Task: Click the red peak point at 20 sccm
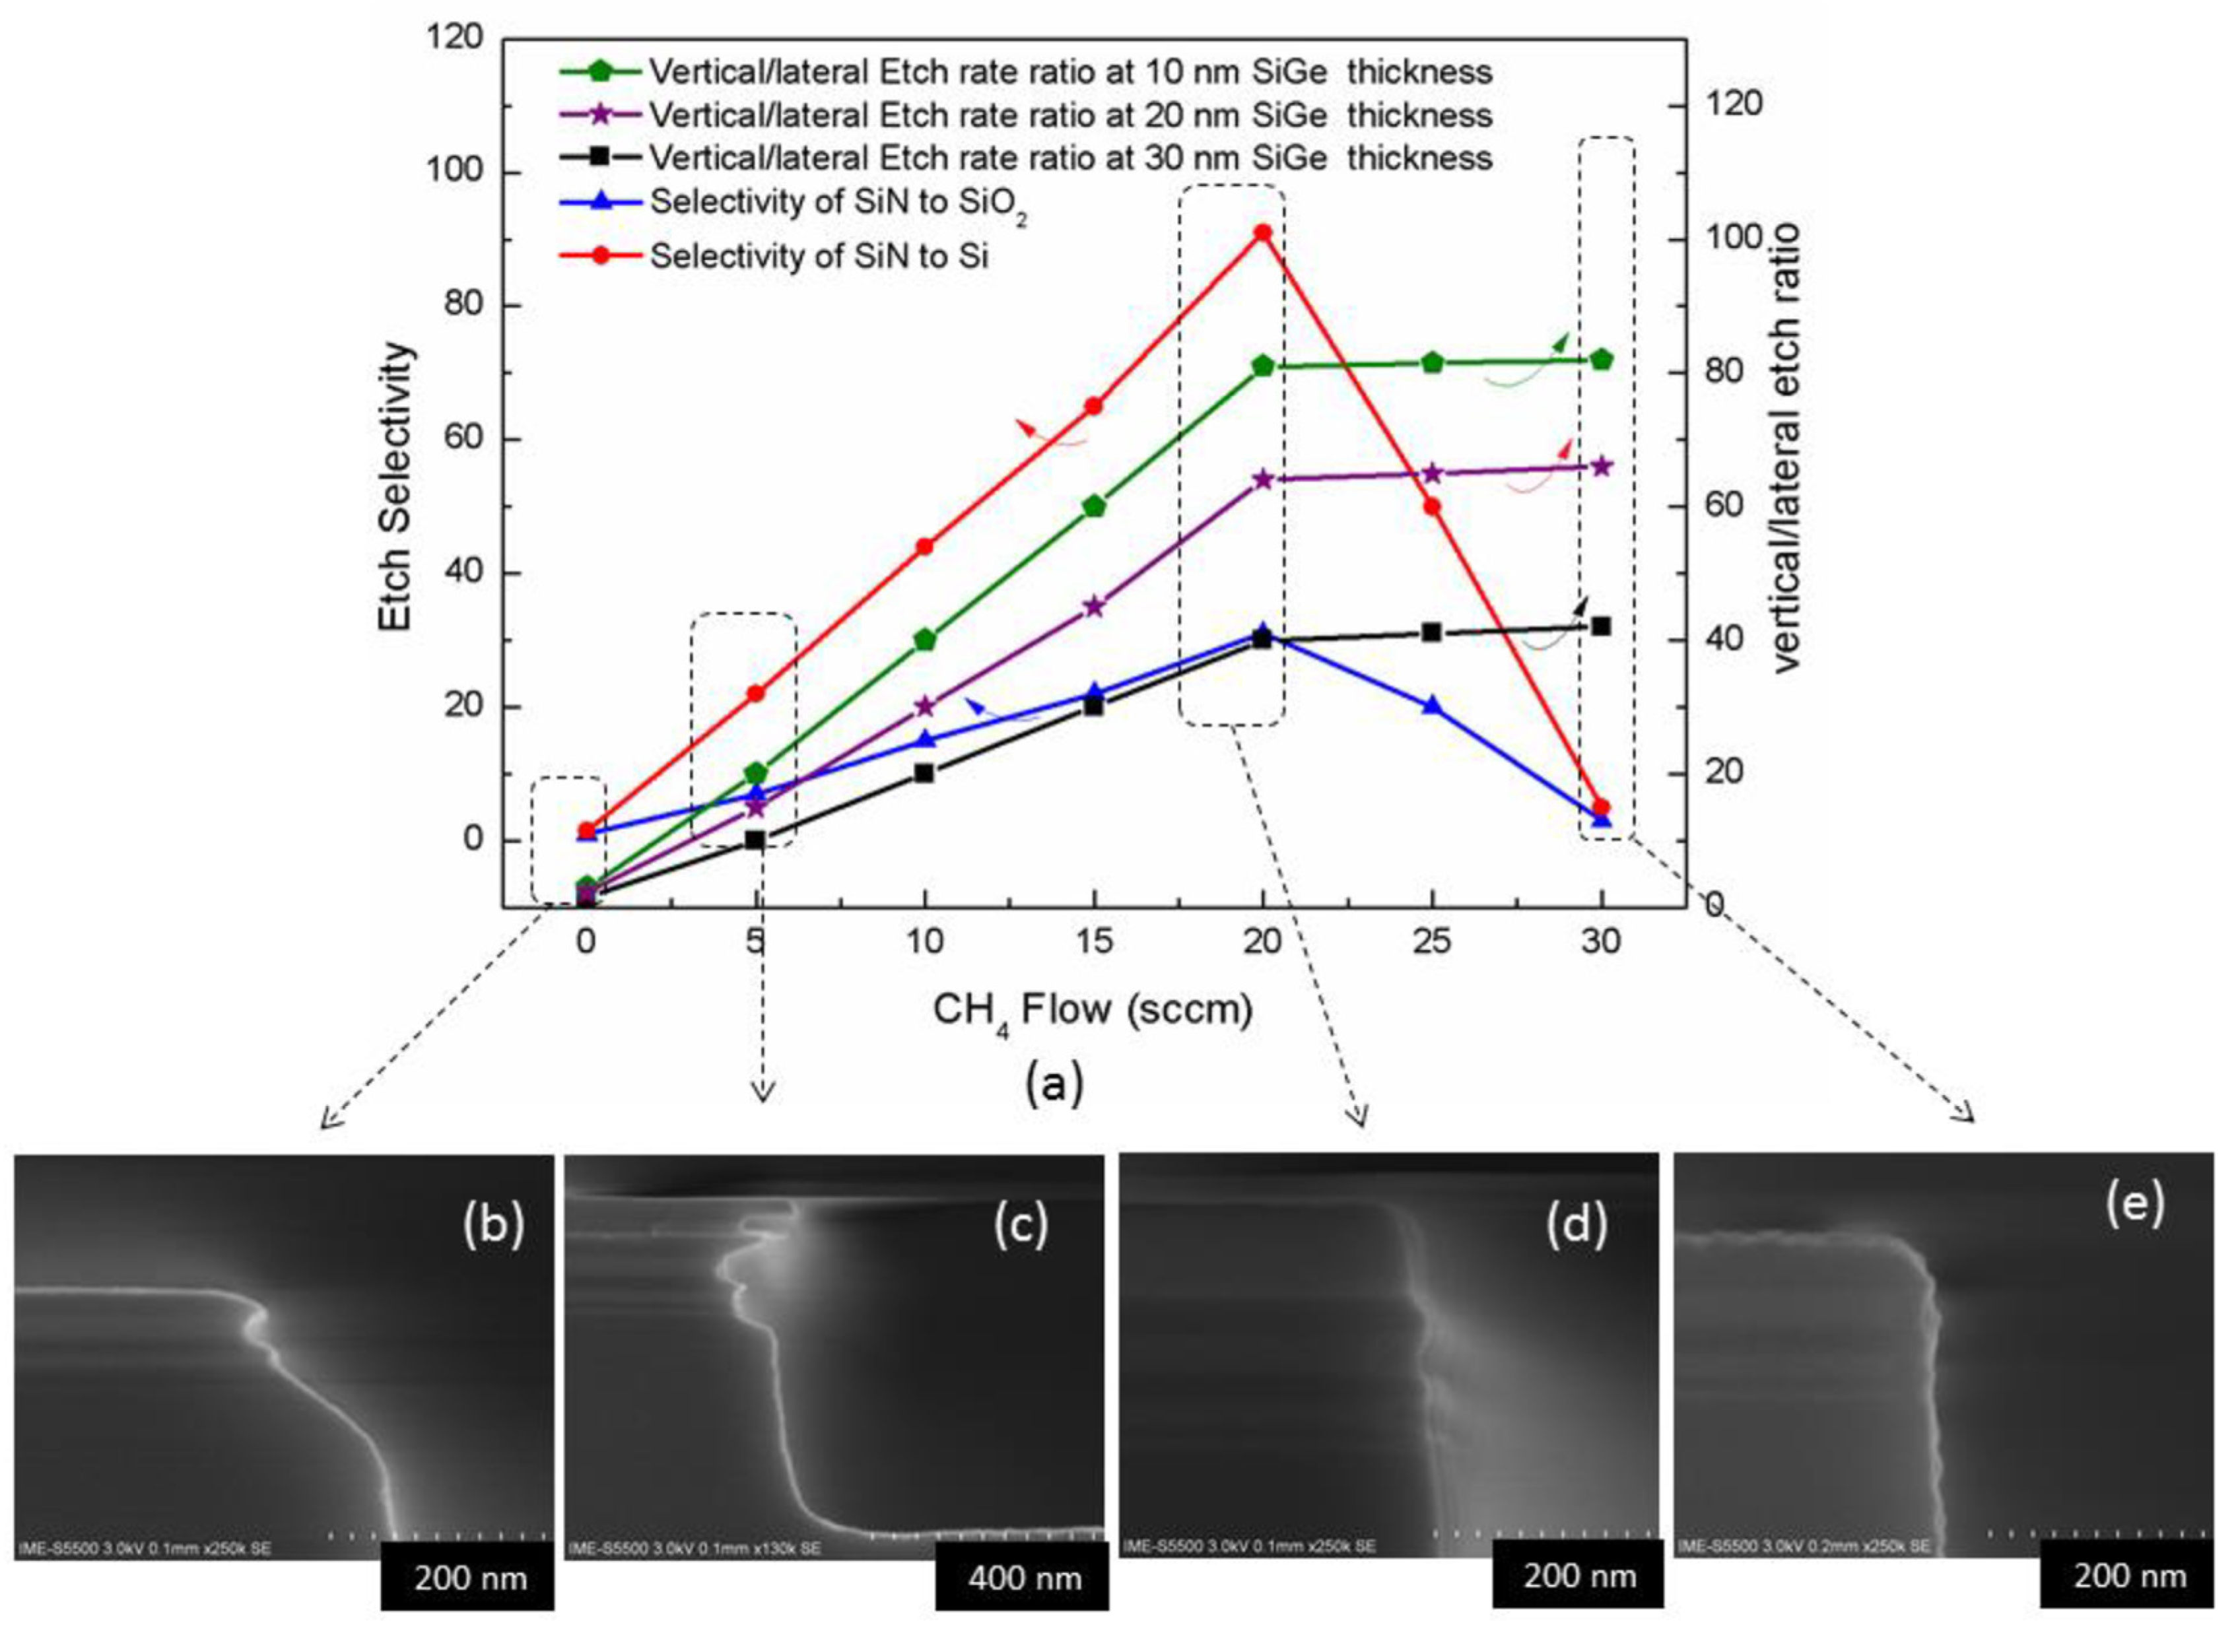click(1262, 233)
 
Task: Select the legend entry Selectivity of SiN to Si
click(819, 257)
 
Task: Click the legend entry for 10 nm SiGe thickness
click(1070, 72)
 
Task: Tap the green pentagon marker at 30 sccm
click(1601, 360)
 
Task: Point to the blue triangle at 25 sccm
click(1431, 706)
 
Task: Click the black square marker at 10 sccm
click(924, 773)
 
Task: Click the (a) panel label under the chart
click(1054, 1083)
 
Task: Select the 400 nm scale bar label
click(1024, 1578)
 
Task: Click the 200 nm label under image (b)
click(469, 1578)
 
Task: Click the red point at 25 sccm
click(1431, 506)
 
